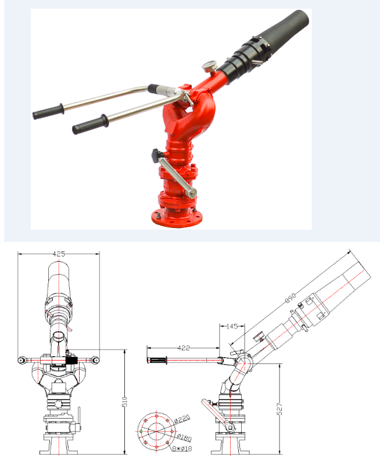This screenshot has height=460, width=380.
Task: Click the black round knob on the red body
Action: (155, 155)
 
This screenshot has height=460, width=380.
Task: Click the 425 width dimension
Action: (58, 254)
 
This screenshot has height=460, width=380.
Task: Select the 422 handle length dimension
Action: (183, 349)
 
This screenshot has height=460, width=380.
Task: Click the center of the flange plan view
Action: (155, 432)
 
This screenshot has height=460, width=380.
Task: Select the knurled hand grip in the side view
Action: (158, 361)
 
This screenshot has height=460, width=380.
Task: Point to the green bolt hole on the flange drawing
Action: (140, 432)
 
